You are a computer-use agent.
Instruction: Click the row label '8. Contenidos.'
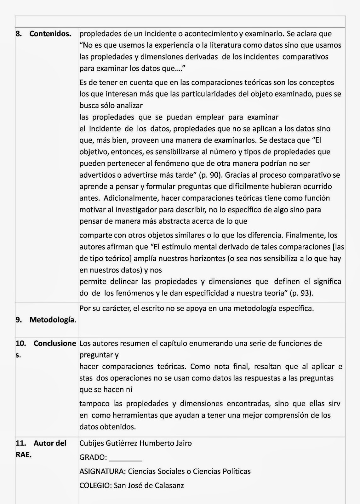point(43,34)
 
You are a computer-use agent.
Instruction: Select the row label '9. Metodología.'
point(46,320)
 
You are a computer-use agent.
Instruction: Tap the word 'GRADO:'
point(93,457)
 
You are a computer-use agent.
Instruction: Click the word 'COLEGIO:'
point(95,485)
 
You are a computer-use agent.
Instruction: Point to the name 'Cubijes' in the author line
point(92,444)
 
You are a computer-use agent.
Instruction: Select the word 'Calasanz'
point(170,485)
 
